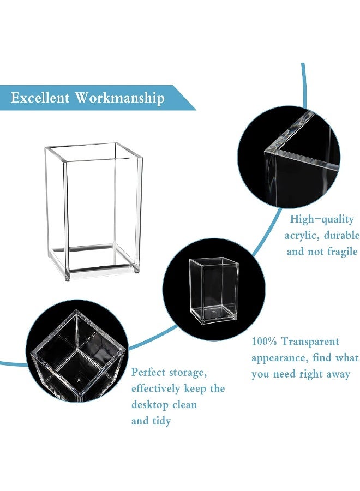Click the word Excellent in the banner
click(x=40, y=98)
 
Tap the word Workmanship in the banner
click(x=119, y=98)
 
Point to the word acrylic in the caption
click(x=304, y=236)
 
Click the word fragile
click(x=339, y=252)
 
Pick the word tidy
click(x=161, y=421)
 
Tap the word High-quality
click(x=321, y=219)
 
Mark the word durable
click(x=341, y=236)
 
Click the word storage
click(x=189, y=373)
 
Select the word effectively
click(x=155, y=389)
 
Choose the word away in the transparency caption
click(x=337, y=374)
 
